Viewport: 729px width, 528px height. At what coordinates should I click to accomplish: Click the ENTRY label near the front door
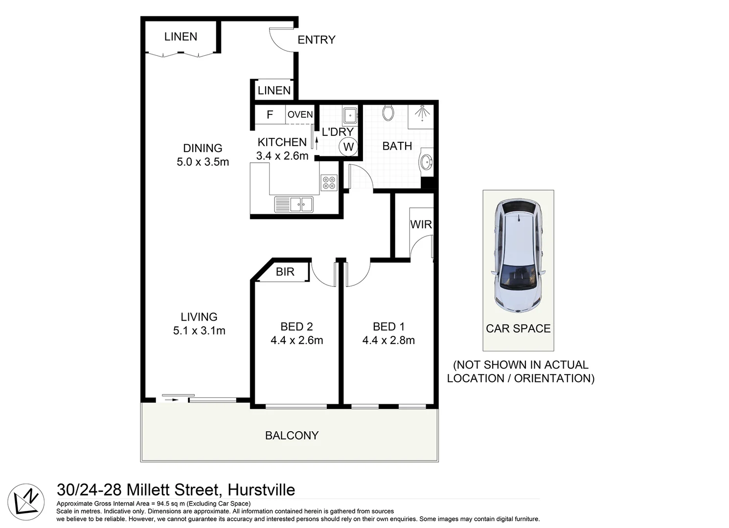316,40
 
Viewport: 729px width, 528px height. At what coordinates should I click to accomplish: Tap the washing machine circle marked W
348,147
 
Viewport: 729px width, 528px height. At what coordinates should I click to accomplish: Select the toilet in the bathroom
388,113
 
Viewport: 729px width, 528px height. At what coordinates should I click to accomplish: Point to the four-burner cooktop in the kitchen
329,182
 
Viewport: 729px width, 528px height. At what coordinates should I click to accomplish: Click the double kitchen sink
294,204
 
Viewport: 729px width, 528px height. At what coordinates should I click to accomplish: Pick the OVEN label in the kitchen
300,114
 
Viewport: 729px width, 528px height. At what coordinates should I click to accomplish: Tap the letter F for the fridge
270,115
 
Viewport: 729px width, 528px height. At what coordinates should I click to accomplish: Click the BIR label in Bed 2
285,272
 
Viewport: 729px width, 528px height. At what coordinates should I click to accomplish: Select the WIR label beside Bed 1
421,224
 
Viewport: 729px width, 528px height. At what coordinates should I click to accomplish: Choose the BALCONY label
292,435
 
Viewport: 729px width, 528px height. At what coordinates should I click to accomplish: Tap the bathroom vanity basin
426,161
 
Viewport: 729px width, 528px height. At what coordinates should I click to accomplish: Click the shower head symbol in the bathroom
421,113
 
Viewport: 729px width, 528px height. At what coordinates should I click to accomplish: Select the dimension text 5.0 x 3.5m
203,162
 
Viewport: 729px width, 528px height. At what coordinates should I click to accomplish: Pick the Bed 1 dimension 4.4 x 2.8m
388,340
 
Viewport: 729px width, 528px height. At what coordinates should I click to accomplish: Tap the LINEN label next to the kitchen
274,90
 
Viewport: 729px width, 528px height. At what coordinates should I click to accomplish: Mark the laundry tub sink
350,116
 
